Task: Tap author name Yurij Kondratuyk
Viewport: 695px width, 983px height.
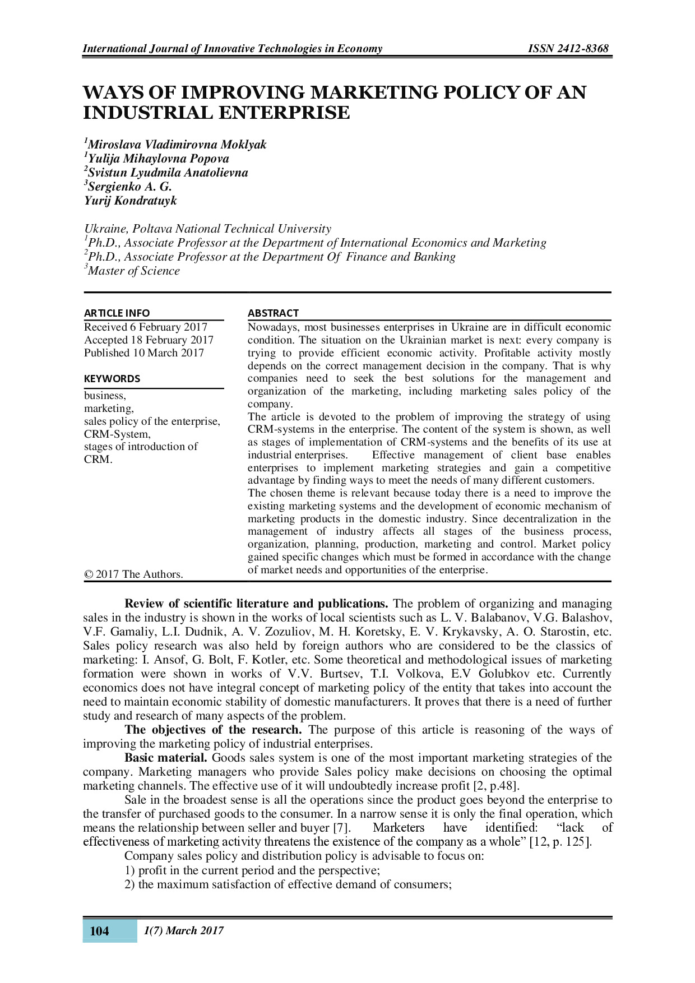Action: (130, 201)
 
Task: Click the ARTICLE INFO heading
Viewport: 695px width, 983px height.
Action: (117, 313)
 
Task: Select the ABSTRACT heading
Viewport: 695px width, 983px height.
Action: (273, 313)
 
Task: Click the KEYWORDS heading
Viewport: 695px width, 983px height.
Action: (112, 379)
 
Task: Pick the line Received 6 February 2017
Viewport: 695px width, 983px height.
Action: (146, 327)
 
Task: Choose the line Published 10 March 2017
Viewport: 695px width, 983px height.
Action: (144, 353)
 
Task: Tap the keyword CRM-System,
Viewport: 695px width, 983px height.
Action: (117, 434)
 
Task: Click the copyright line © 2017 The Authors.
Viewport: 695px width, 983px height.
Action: (133, 574)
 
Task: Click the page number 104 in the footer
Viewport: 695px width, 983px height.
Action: (99, 931)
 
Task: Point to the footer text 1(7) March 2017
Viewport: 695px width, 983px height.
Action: (184, 931)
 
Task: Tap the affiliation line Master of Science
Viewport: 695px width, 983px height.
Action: (133, 271)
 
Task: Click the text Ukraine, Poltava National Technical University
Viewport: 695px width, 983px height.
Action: (207, 229)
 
